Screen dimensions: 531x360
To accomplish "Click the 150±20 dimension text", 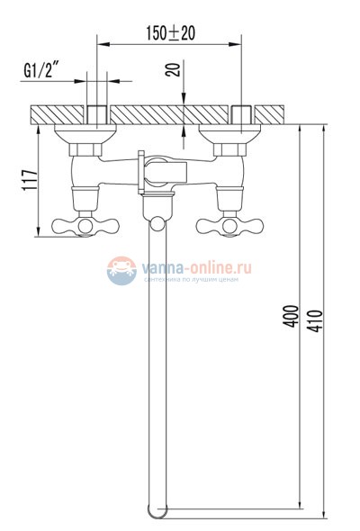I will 171,33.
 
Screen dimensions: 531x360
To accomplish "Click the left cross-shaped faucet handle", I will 80,225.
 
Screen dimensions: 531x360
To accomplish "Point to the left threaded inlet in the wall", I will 98,115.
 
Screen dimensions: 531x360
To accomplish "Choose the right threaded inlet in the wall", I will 241,115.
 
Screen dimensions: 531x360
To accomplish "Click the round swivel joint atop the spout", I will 160,224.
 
